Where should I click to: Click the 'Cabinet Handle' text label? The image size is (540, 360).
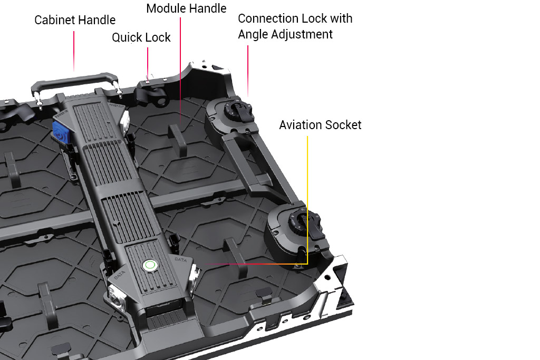pyautogui.click(x=75, y=20)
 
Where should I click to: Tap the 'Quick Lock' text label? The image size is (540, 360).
pyautogui.click(x=141, y=37)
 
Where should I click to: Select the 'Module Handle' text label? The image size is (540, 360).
pyautogui.click(x=186, y=8)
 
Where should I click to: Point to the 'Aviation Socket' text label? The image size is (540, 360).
pyautogui.click(x=320, y=125)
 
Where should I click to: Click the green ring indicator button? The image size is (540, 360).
pyautogui.click(x=150, y=265)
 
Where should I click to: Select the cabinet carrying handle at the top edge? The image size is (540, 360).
pyautogui.click(x=74, y=81)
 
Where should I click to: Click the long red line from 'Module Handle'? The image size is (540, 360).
pyautogui.click(x=181, y=69)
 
